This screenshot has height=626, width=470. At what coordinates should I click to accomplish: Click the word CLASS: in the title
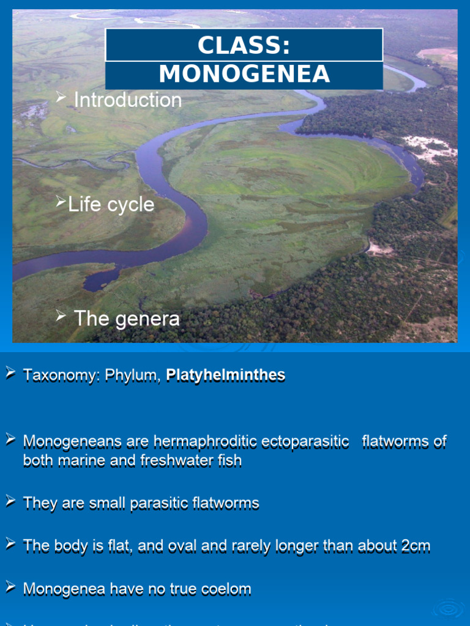244,46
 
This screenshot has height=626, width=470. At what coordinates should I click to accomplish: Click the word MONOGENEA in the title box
244,75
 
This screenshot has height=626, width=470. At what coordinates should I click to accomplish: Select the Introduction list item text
127,100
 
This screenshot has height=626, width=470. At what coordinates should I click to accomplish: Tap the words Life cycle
111,205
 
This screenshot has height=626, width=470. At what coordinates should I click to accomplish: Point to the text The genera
127,319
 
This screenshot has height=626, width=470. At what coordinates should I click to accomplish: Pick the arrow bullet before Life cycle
60,201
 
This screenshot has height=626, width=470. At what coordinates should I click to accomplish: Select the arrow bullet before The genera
61,315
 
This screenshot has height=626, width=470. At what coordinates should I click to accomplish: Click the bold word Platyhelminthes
225,375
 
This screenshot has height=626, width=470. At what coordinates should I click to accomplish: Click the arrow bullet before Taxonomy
10,372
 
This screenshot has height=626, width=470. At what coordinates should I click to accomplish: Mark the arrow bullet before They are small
10,501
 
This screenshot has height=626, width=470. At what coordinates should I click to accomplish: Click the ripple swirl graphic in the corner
450,608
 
